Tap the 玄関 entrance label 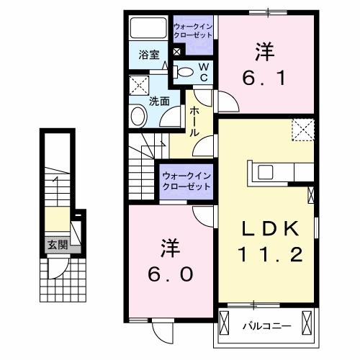pos(58,244)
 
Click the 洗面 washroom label pos(159,102)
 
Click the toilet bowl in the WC pos(184,71)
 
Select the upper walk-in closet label pos(192,32)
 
